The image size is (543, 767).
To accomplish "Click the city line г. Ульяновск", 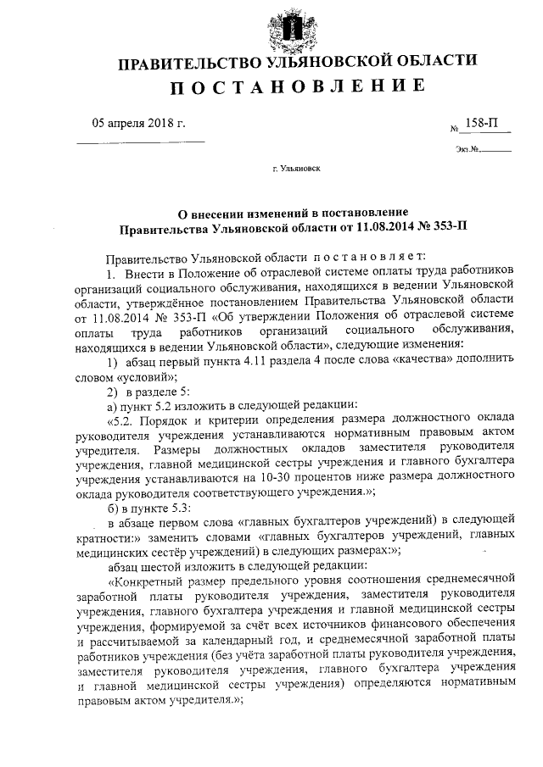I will click(x=297, y=169).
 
